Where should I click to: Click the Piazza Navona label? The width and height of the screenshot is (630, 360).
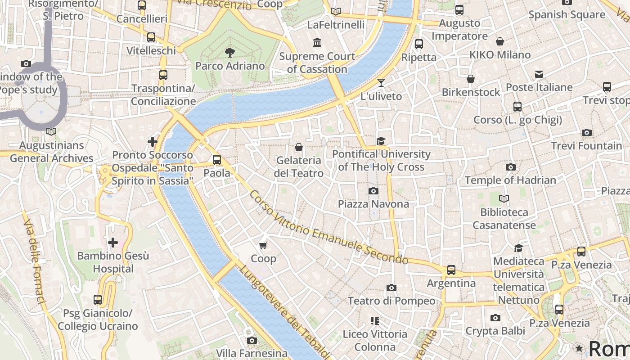pos(373,204)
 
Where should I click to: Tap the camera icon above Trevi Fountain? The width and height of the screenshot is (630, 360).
pos(586,132)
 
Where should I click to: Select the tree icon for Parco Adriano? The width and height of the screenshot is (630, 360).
pos(230,53)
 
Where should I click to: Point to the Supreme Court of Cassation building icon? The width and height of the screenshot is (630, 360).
pos(317,42)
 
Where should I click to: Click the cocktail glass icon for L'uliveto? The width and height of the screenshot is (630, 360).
pos(381,82)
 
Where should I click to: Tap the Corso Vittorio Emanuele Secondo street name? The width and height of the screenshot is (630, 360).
pos(328,229)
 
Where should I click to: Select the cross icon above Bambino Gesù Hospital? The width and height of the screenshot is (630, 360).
pos(112,243)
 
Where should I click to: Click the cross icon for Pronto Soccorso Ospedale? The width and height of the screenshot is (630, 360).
pos(153,142)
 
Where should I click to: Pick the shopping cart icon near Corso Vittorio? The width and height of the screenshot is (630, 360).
pos(263,245)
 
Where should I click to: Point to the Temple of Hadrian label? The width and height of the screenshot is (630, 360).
pos(510,180)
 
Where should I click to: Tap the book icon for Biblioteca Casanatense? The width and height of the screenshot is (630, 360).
pos(504,198)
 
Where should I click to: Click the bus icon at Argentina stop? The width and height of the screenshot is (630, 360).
pos(451,270)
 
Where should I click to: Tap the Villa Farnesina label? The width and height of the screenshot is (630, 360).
pos(252,353)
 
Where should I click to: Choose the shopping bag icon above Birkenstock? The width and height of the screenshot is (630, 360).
pos(471,79)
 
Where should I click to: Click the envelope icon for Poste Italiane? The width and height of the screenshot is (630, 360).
pos(539,74)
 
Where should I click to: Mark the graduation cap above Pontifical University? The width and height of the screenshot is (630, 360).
pos(381,141)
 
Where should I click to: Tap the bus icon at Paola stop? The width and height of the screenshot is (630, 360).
pos(217,159)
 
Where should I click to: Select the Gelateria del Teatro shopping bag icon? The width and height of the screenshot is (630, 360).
pos(298,147)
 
